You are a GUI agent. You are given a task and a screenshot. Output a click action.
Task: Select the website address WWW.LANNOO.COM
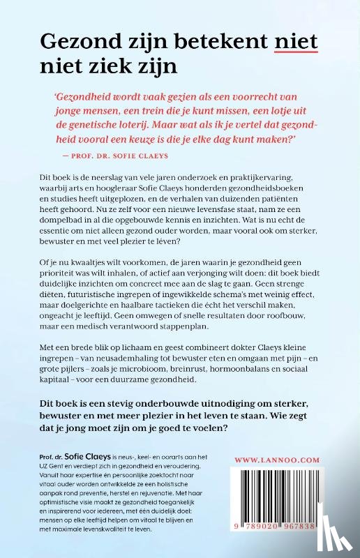coord(297,460)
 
